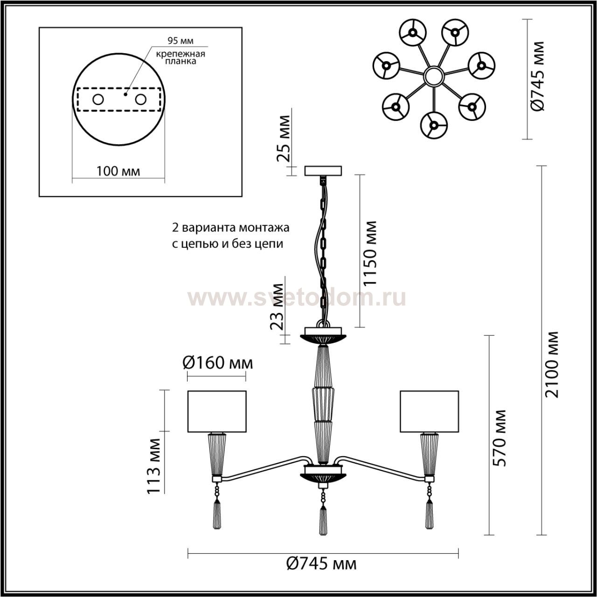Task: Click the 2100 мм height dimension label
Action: point(552,364)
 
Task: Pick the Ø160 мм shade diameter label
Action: point(217,362)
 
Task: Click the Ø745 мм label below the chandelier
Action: point(321,564)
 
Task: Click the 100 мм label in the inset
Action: point(118,171)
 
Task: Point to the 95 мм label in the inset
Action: point(180,42)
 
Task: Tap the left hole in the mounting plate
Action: point(98,99)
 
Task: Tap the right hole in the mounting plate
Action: point(140,99)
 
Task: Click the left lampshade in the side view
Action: point(216,411)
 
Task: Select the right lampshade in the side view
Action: point(429,411)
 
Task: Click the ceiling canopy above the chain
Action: point(323,171)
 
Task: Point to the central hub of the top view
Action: point(433,76)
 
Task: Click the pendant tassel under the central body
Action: point(322,518)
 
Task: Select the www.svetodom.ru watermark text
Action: point(297,297)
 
